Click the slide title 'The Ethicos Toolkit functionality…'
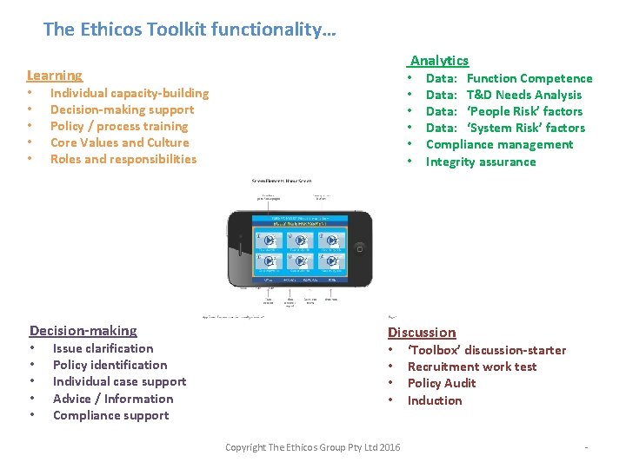coord(190,30)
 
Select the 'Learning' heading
coord(55,76)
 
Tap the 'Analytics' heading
coord(439,61)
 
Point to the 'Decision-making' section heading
coord(83,331)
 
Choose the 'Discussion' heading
coord(422,333)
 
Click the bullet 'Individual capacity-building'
coord(130,93)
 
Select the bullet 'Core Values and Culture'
coord(119,142)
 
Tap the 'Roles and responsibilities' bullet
coord(123,159)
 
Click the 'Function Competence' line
coord(529,78)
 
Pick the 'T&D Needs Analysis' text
coord(524,95)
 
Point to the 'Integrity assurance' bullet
coord(481,162)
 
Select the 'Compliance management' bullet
coord(499,144)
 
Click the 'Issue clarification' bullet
coord(103,348)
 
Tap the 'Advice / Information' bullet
coord(113,399)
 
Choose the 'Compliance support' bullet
coord(111,415)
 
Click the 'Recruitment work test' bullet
coord(472,367)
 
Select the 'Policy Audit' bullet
coord(442,383)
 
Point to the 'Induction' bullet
coord(435,400)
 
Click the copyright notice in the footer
coord(313,447)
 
